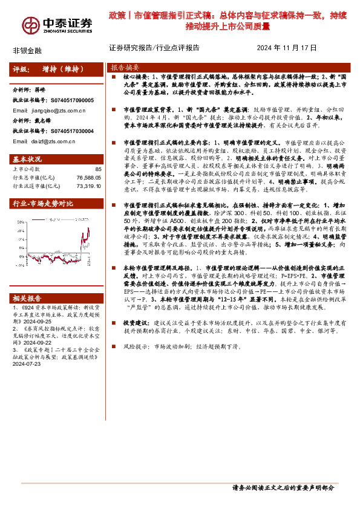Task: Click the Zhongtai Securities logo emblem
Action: tap(30, 24)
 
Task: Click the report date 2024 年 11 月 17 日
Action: tap(287, 48)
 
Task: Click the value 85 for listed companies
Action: tap(98, 170)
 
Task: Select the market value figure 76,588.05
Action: tap(88, 178)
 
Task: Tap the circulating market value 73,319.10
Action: tap(88, 187)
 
